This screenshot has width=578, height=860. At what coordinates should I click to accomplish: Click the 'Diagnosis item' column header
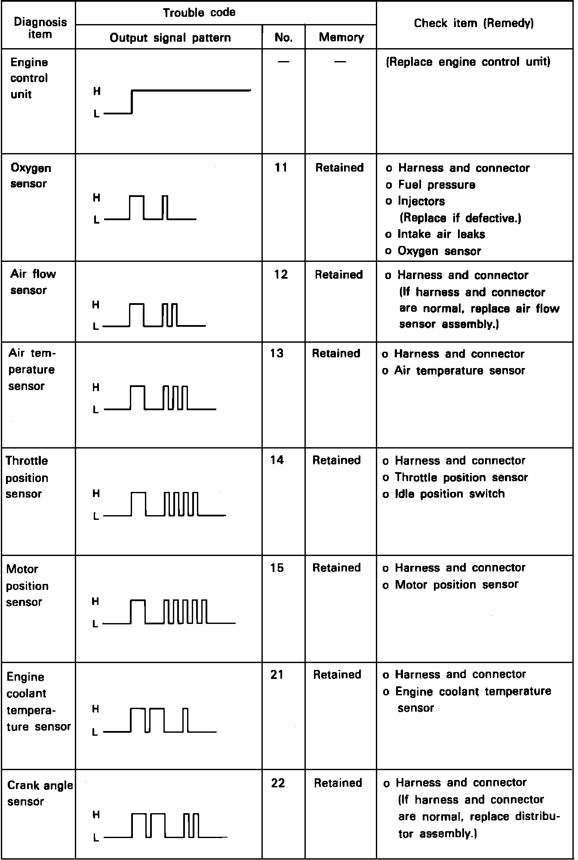click(40, 28)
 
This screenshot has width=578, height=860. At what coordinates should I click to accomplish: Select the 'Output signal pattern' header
click(170, 38)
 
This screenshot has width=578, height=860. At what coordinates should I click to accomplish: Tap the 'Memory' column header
click(341, 37)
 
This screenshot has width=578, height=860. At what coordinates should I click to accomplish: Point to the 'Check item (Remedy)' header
click(473, 23)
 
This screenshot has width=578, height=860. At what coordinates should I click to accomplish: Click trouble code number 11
click(281, 167)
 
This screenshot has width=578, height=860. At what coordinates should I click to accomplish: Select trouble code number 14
click(277, 460)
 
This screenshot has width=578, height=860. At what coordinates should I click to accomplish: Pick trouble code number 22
click(278, 783)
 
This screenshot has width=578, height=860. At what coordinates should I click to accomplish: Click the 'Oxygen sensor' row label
click(30, 175)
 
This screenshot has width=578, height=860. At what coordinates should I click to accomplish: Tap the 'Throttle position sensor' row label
click(27, 477)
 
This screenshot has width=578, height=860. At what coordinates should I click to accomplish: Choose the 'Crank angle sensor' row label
click(40, 793)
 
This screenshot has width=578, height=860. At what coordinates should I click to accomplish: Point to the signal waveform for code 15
click(169, 611)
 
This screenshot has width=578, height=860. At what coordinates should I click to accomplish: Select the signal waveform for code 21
click(160, 720)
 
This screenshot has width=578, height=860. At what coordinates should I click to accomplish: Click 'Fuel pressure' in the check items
click(436, 185)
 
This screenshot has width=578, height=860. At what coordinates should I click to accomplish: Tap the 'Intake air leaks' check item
click(441, 234)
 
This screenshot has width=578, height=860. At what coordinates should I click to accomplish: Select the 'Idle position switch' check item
click(449, 494)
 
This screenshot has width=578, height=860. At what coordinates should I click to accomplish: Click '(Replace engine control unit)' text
click(468, 62)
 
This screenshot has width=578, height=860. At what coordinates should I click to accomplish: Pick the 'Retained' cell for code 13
click(336, 353)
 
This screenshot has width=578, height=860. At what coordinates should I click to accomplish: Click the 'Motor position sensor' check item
click(456, 585)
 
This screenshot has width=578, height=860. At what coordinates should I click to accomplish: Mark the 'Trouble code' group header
click(199, 12)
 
